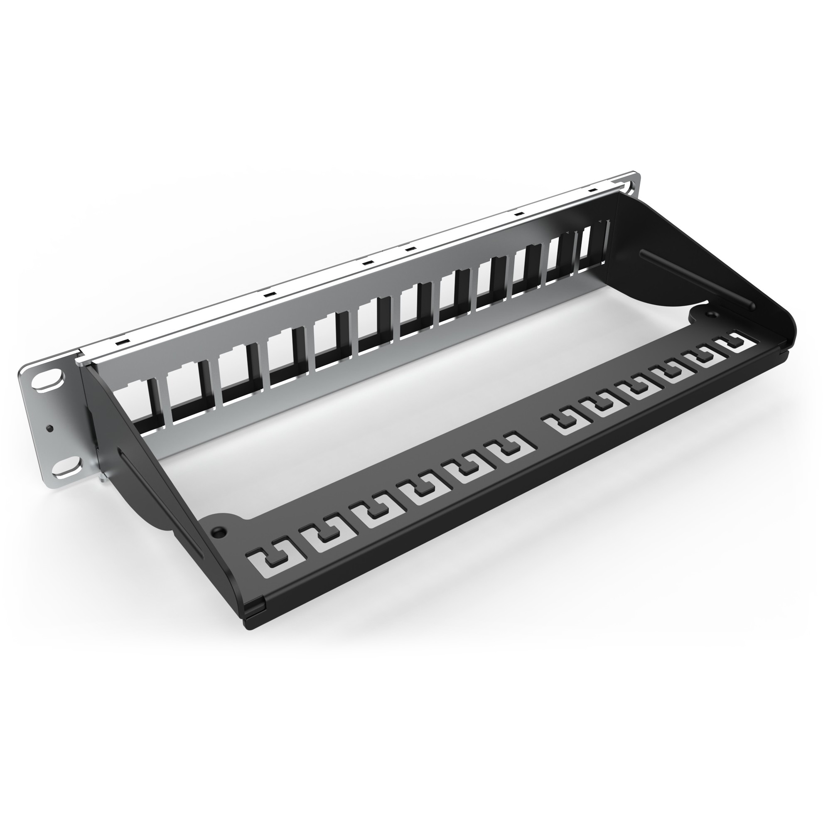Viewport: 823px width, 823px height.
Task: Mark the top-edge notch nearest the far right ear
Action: pos(591,190)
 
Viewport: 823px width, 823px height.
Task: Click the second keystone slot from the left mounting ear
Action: pos(185,383)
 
